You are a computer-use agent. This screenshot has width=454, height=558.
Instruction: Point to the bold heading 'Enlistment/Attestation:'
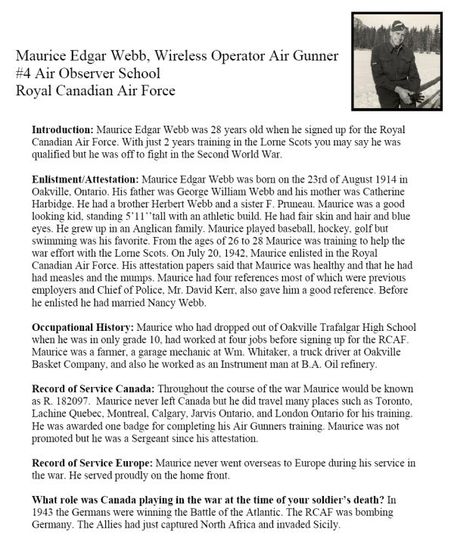coord(86,179)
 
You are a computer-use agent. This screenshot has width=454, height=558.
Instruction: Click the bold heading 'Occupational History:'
coord(82,327)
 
